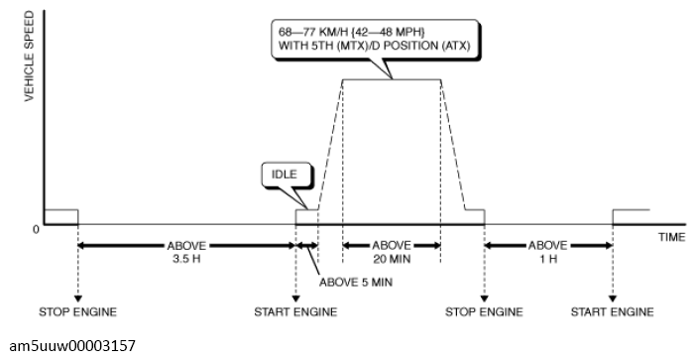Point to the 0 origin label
(x=36, y=228)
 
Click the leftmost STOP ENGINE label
(x=77, y=312)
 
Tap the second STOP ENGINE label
(x=484, y=312)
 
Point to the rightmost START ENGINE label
(x=613, y=312)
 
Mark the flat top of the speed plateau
(x=391, y=80)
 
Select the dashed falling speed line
(x=452, y=144)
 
